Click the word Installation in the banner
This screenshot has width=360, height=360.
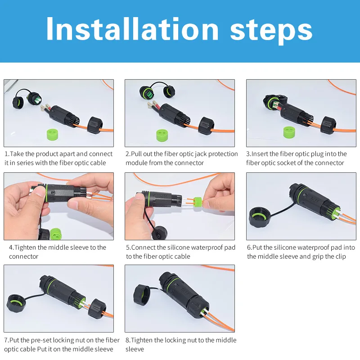click(132, 29)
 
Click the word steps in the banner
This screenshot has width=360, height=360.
click(271, 31)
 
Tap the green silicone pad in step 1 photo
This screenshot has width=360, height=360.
click(53, 134)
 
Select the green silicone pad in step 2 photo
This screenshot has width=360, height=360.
click(162, 135)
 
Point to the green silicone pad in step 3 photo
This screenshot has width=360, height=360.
click(289, 132)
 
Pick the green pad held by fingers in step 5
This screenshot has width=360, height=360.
click(198, 203)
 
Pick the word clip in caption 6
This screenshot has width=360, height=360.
click(341, 256)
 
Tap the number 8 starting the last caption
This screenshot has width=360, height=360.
click(128, 340)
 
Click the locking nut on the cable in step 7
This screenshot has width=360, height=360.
click(98, 308)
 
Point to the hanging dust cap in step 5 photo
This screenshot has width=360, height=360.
click(160, 233)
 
